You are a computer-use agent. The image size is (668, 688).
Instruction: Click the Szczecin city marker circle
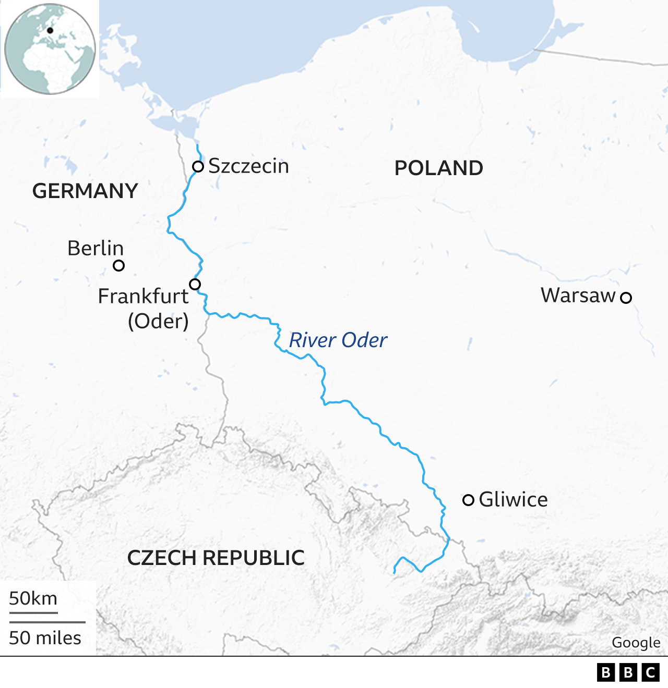(x=198, y=167)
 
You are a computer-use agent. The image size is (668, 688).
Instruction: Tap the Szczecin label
(x=248, y=166)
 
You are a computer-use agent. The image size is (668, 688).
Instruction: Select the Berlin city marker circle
(x=119, y=266)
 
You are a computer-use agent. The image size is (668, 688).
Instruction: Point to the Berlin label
(x=96, y=248)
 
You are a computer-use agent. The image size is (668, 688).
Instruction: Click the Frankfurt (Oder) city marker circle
(x=195, y=284)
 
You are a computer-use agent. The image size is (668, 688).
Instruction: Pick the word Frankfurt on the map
(x=143, y=296)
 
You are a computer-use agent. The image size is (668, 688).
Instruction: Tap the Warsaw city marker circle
(x=626, y=298)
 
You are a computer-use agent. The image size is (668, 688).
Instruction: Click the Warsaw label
(x=578, y=296)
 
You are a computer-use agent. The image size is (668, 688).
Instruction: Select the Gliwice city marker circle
(x=469, y=500)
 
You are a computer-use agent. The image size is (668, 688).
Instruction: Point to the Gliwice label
(x=514, y=500)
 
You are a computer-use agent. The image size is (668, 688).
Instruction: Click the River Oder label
(x=338, y=340)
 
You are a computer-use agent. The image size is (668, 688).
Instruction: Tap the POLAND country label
(x=438, y=168)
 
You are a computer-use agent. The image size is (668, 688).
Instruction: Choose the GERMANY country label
(x=85, y=191)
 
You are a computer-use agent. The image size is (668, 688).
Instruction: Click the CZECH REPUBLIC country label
(x=216, y=558)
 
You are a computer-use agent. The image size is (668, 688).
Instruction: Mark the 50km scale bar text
(x=33, y=598)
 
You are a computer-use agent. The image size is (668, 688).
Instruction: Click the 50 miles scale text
(x=45, y=638)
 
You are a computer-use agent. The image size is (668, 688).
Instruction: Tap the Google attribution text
(x=636, y=643)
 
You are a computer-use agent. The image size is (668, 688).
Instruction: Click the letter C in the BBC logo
(x=651, y=672)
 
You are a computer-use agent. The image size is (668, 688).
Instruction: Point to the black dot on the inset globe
(x=50, y=31)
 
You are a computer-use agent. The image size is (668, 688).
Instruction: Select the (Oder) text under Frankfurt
(x=158, y=321)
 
